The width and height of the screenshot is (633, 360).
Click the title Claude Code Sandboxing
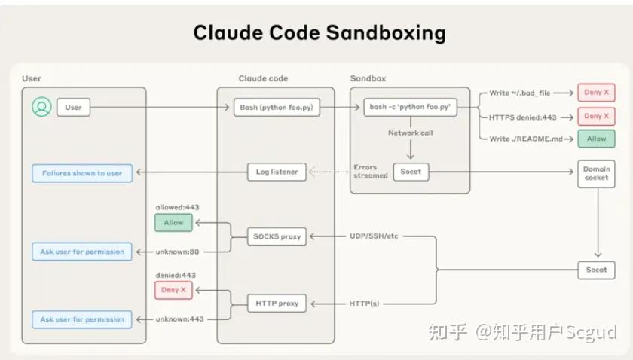pos(319,32)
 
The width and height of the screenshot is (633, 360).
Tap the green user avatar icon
pos(41,108)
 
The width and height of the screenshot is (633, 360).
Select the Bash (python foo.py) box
pos(277,108)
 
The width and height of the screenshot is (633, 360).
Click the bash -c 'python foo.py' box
pos(411,108)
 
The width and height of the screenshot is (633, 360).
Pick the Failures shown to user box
pos(82,172)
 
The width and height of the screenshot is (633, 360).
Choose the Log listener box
pos(277,172)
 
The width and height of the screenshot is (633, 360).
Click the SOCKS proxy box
pos(277,236)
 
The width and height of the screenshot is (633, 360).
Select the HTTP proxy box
pos(277,304)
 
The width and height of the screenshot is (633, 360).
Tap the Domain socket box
pos(596,173)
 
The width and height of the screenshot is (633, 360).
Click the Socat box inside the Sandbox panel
pos(411,172)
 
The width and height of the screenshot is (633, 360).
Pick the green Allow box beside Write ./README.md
pos(596,139)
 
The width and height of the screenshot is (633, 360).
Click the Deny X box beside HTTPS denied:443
pos(596,116)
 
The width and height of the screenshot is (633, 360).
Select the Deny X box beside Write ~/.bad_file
pos(596,93)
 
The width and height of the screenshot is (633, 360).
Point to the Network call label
pos(411,133)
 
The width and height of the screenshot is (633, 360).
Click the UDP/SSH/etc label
pos(374,236)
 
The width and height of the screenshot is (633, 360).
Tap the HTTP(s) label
pos(365,304)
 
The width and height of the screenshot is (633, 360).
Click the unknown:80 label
pos(178,252)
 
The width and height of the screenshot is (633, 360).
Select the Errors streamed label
pos(371,171)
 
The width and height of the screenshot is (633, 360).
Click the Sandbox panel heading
pos(367,78)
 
